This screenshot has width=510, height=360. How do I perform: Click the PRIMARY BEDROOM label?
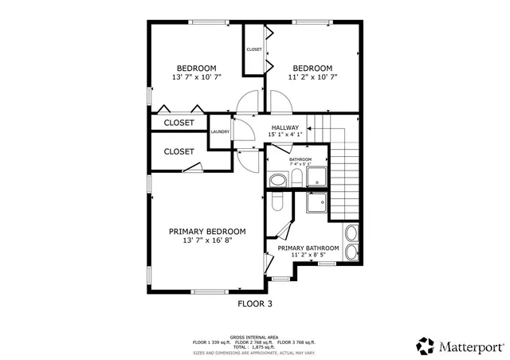pyautogui.click(x=207, y=231)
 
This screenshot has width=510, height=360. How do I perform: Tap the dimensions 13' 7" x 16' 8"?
pyautogui.click(x=207, y=240)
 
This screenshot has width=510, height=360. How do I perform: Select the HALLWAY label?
pyautogui.click(x=284, y=127)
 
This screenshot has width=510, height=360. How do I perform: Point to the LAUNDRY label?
pyautogui.click(x=221, y=132)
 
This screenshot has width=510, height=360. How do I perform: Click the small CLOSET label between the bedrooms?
pyautogui.click(x=253, y=49)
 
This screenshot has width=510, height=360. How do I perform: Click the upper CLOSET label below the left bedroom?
pyautogui.click(x=178, y=123)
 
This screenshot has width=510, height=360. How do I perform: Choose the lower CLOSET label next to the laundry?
pyautogui.click(x=178, y=151)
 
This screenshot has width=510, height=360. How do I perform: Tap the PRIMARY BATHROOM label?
pyautogui.click(x=308, y=248)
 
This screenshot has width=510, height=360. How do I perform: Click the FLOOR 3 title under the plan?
pyautogui.click(x=255, y=303)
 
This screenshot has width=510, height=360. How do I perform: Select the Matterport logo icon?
pyautogui.click(x=426, y=346)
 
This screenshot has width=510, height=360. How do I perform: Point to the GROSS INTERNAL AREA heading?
pyautogui.click(x=254, y=337)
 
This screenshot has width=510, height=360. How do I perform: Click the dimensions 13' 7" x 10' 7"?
pyautogui.click(x=196, y=77)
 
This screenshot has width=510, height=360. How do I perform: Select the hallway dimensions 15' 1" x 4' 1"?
pyautogui.click(x=284, y=135)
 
